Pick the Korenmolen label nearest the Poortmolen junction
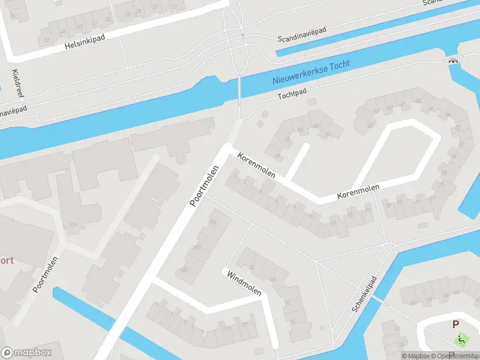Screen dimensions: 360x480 (x=257, y=165)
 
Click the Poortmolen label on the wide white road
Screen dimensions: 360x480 (x=202, y=186)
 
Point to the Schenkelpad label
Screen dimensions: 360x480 (x=364, y=294)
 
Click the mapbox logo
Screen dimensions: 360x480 (x=25, y=352)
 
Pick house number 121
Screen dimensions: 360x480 (x=74, y=224)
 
